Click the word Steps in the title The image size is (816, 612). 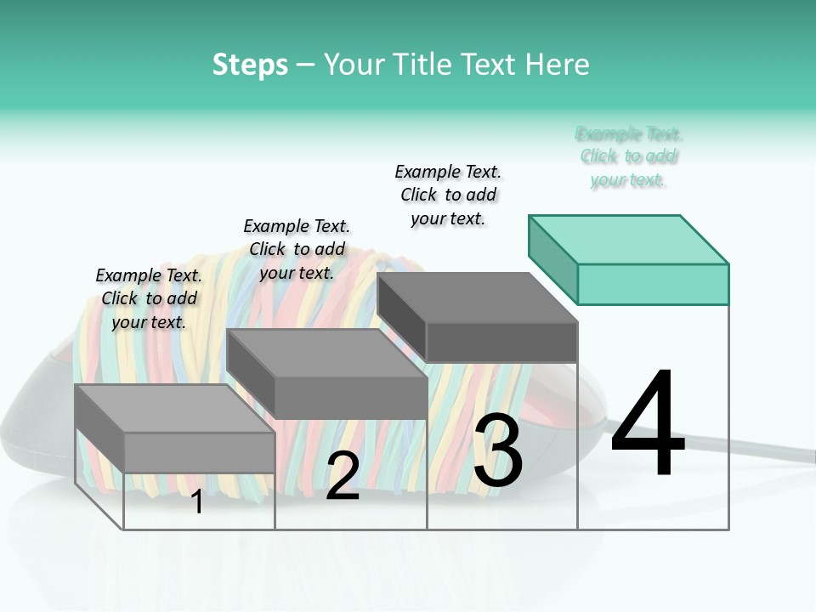pyautogui.click(x=250, y=65)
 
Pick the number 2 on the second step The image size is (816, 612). pyautogui.click(x=343, y=476)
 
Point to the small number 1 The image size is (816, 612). pyautogui.click(x=196, y=501)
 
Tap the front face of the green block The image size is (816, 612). pyautogui.click(x=653, y=284)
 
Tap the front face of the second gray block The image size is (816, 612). pyautogui.click(x=350, y=397)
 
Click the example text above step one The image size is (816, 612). pyautogui.click(x=149, y=298)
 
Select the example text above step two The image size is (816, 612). pyautogui.click(x=297, y=249)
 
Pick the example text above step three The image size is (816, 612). pyautogui.click(x=448, y=195)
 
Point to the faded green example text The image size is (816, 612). pyautogui.click(x=629, y=156)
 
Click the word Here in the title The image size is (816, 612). pyautogui.click(x=558, y=65)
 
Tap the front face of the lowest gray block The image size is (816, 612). pyautogui.click(x=199, y=452)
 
